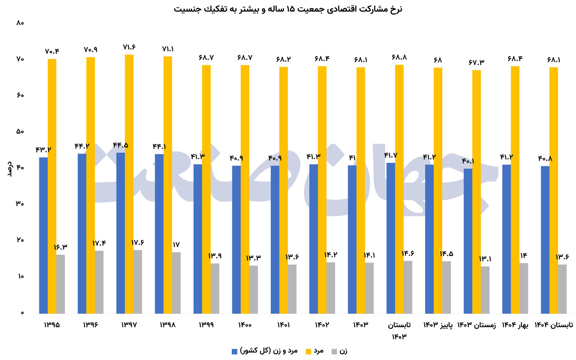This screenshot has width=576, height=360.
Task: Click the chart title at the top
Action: tap(288, 9)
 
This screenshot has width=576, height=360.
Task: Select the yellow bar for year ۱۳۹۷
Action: tap(129, 184)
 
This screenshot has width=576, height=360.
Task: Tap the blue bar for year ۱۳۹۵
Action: tap(43, 235)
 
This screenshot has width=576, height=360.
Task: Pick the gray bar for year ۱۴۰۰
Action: tap(253, 289)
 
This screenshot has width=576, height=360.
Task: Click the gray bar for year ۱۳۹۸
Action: tap(176, 283)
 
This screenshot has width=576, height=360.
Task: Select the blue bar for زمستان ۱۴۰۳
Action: tap(468, 241)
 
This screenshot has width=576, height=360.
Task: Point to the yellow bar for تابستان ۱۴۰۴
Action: tap(553, 190)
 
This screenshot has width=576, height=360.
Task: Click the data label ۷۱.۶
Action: tap(129, 47)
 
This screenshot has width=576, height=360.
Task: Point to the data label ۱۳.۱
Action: tap(485, 259)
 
